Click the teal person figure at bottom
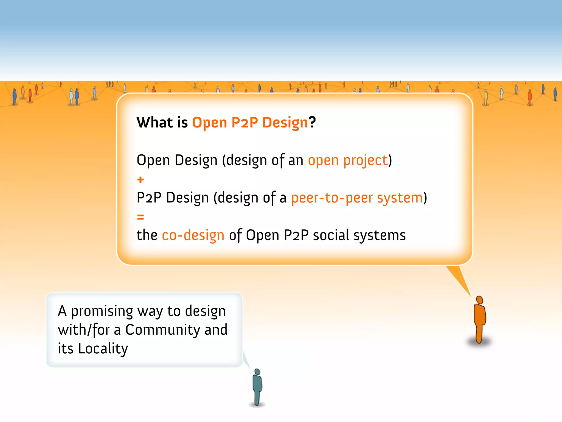257,387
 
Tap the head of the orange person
479,300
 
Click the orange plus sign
140,180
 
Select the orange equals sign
140,217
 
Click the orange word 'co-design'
193,235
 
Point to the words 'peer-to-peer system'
357,198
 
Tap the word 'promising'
102,311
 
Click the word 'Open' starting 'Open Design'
153,160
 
